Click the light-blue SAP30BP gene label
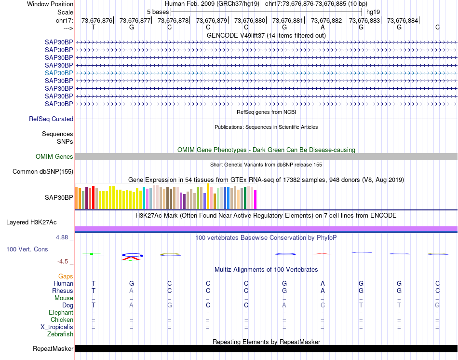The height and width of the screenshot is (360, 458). click(59, 73)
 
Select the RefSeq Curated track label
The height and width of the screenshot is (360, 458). click(51, 119)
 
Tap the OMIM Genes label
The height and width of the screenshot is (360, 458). click(54, 156)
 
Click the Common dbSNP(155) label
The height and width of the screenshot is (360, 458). click(43, 171)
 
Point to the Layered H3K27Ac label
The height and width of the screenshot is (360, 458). click(31, 222)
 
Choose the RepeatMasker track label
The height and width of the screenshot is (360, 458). click(53, 348)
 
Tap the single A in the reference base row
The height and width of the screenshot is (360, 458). click(323, 27)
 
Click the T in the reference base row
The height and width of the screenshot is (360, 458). click(94, 27)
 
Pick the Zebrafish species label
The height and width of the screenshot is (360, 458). click(60, 334)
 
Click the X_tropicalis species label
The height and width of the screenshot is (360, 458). click(57, 327)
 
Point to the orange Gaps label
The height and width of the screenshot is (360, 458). click(66, 276)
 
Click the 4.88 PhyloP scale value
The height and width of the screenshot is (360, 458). click(63, 237)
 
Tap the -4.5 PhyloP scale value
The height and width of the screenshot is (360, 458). click(63, 262)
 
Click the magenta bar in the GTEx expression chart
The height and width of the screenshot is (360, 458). click(255, 200)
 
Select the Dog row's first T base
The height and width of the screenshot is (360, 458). click(94, 305)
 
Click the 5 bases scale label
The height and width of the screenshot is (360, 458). click(158, 12)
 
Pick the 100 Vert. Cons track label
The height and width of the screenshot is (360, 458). click(27, 249)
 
